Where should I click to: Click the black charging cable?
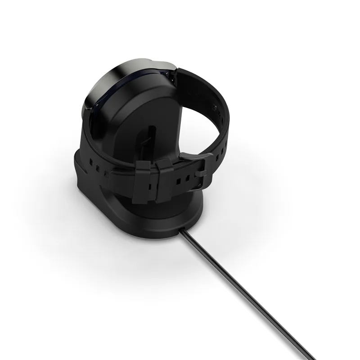pyautogui.click(x=252, y=292)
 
